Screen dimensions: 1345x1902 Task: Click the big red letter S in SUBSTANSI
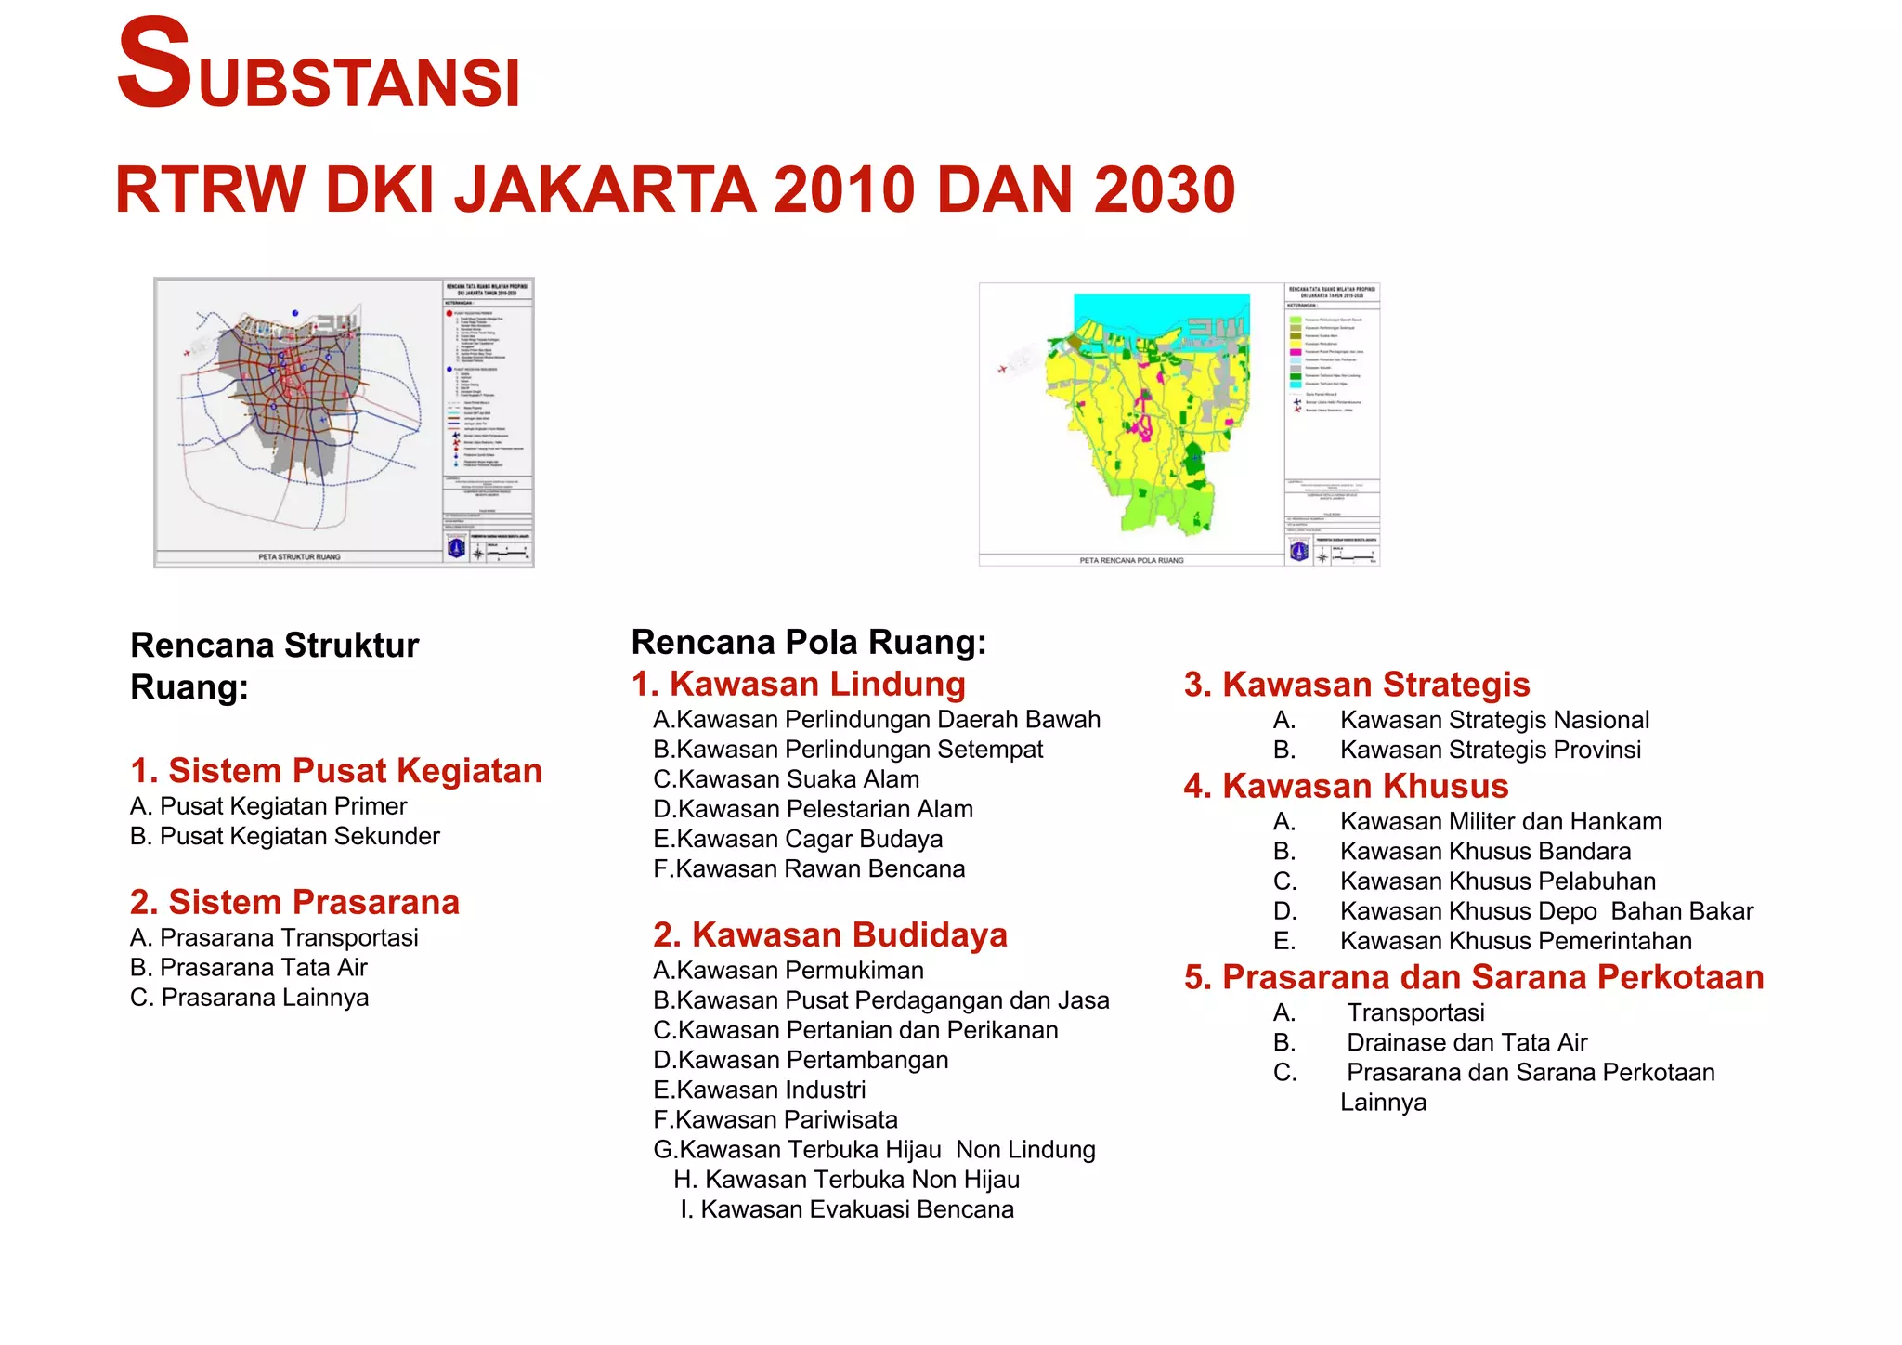153,65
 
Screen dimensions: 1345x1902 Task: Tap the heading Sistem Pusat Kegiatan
336,771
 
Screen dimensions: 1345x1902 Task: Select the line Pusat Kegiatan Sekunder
285,836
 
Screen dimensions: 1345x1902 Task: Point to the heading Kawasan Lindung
799,685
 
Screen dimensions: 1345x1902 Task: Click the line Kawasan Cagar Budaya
798,840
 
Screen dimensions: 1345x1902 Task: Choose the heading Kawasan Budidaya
830,934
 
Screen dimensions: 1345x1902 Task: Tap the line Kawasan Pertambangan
801,1060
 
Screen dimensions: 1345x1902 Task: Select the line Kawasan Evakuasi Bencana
847,1209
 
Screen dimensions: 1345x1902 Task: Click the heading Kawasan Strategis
1357,685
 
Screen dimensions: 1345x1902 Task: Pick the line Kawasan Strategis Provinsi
1490,750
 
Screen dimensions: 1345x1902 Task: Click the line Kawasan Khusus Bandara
1484,852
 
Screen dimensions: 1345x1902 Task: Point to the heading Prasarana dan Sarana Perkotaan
1474,977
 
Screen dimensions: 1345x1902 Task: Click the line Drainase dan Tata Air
1466,1043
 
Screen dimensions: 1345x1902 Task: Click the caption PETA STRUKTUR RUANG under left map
299,557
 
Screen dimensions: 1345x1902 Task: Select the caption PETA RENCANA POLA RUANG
1131,560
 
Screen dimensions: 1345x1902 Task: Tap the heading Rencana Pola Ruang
808,643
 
